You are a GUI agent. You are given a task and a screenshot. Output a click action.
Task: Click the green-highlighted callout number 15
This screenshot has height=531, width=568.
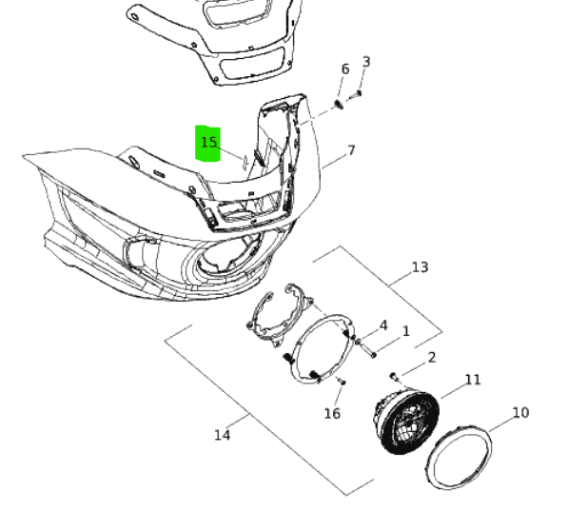click(x=209, y=143)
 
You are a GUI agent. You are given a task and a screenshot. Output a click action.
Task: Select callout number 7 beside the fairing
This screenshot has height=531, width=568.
click(x=351, y=150)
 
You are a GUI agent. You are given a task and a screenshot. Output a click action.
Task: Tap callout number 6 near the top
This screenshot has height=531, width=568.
click(x=345, y=69)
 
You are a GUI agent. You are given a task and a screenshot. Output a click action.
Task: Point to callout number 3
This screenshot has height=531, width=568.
click(x=366, y=62)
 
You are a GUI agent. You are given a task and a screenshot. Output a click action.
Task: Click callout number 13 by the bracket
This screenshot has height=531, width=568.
click(x=421, y=267)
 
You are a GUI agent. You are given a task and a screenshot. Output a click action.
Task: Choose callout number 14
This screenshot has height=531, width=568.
click(x=223, y=435)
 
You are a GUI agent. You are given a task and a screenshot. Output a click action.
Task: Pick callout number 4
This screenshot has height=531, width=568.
click(x=383, y=325)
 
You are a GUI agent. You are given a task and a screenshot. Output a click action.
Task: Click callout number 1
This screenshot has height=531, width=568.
click(x=405, y=331)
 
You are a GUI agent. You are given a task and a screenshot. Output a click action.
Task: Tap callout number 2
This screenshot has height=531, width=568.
click(x=431, y=358)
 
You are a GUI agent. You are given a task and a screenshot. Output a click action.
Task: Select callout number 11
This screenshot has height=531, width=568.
click(x=472, y=380)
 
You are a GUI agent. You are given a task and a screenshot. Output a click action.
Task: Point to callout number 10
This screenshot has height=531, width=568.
click(x=521, y=413)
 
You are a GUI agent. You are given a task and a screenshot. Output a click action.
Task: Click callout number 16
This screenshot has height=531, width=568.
click(x=332, y=413)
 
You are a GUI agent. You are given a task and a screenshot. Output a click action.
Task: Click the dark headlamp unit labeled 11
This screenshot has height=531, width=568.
click(x=406, y=422)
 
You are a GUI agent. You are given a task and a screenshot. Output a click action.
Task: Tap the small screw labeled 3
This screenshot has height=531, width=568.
click(x=355, y=96)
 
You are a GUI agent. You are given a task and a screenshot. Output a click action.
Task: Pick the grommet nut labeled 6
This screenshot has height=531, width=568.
click(x=339, y=105)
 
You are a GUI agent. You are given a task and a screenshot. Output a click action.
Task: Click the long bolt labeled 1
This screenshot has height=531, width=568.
click(x=366, y=350)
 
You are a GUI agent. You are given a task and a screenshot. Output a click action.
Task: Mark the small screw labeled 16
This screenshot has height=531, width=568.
click(x=342, y=381)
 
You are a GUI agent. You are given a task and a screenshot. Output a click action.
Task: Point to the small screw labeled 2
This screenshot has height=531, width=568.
click(x=394, y=377)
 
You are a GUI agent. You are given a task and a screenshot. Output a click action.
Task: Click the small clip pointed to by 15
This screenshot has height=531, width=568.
click(x=245, y=163)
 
